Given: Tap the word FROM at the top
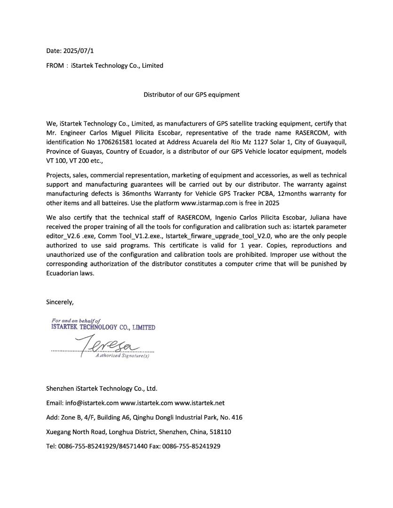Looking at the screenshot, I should coord(55,66).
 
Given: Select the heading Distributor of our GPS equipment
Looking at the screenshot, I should coord(191,95).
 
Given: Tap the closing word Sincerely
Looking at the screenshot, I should coord(60,302).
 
